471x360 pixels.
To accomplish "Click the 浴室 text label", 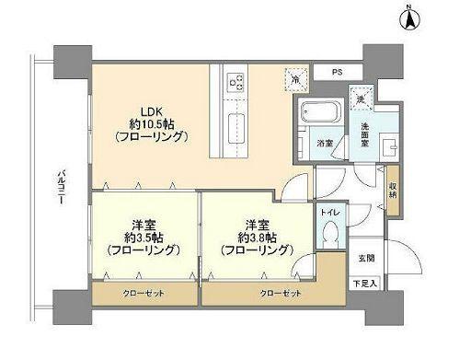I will [x=325, y=143].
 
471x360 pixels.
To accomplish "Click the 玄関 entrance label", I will [x=364, y=259].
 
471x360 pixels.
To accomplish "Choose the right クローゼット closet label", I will [x=278, y=293].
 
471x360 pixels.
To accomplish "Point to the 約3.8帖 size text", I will [x=257, y=236].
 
